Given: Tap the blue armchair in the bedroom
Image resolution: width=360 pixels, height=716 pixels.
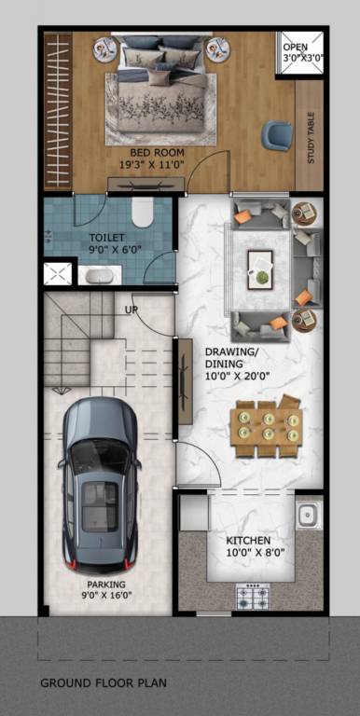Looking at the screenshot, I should (276, 135).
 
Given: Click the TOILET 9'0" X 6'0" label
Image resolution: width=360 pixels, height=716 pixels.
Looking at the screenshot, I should (108, 243).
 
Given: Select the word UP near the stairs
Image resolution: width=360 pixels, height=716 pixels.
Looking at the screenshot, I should (132, 310).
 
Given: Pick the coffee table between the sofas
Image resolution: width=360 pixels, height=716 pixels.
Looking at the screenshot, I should (261, 268).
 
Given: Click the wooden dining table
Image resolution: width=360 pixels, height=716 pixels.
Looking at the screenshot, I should (267, 429).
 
